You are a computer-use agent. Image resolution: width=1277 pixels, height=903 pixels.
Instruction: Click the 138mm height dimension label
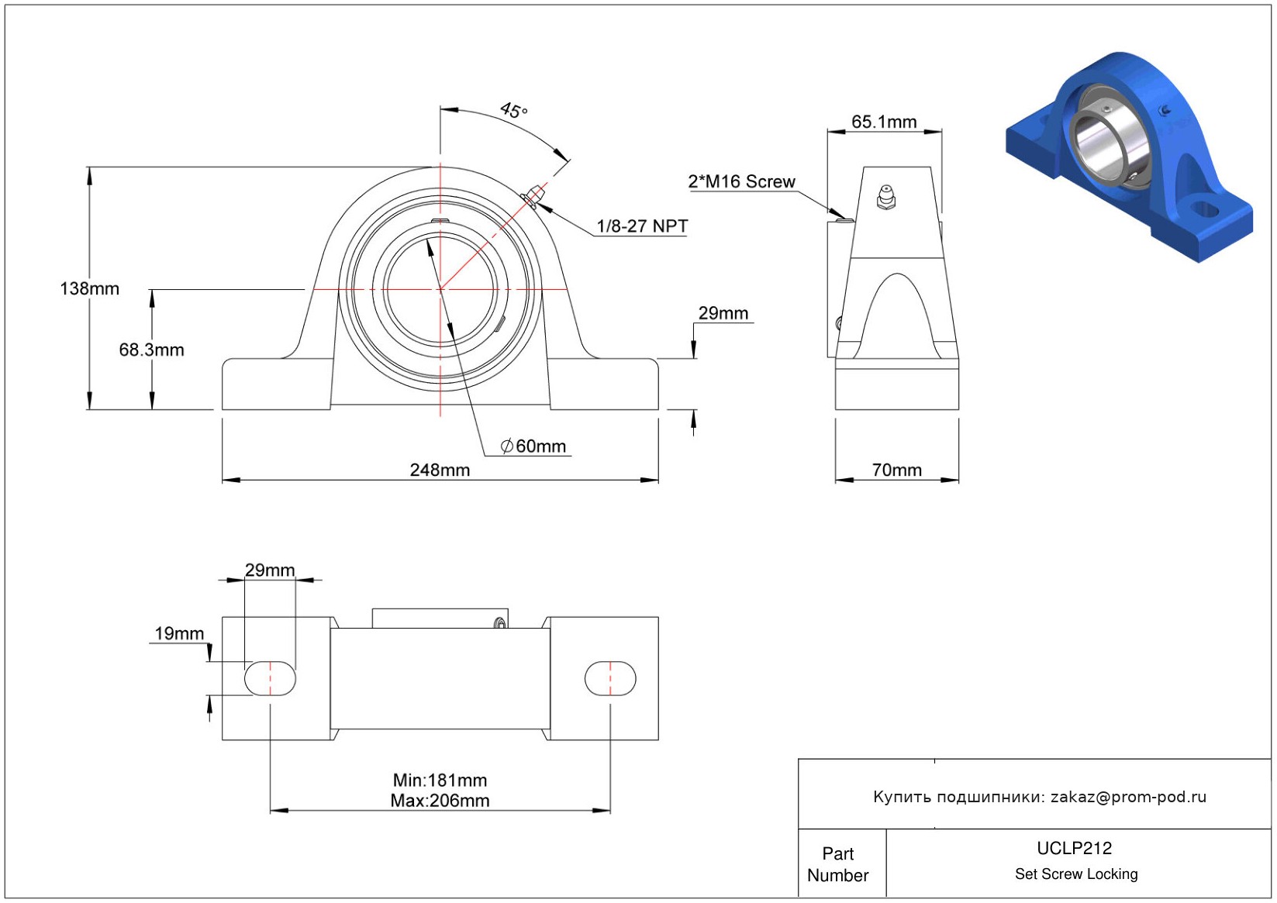(89, 289)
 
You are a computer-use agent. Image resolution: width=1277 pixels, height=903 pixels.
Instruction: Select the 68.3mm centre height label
(151, 350)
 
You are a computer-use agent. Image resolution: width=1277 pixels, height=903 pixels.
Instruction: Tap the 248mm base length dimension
(440, 470)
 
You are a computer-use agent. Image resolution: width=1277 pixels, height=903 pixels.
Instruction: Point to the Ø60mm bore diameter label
(533, 446)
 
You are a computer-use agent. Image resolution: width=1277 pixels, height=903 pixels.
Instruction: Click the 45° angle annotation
(513, 110)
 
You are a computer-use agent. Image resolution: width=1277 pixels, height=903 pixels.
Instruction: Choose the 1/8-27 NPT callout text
(642, 226)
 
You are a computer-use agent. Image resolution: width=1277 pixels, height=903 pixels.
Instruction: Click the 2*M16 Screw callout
(741, 182)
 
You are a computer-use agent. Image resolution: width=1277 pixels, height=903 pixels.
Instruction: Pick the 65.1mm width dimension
(884, 122)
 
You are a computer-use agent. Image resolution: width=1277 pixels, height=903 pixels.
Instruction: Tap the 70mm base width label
(896, 470)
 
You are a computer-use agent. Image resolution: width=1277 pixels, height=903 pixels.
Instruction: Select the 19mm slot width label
(179, 633)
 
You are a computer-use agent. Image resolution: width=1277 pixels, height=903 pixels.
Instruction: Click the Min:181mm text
(440, 780)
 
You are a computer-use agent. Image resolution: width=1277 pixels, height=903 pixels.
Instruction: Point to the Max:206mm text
(440, 801)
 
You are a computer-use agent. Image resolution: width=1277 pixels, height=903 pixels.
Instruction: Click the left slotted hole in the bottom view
(270, 679)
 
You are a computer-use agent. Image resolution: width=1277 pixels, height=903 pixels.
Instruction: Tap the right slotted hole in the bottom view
(610, 679)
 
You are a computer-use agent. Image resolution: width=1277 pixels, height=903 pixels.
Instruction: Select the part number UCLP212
(1074, 848)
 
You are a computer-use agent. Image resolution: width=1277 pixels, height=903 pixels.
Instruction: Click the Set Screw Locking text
(1076, 874)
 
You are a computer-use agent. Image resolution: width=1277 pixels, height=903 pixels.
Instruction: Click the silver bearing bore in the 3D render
(1099, 143)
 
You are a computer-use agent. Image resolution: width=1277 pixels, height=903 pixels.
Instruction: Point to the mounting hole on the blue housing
(1203, 209)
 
